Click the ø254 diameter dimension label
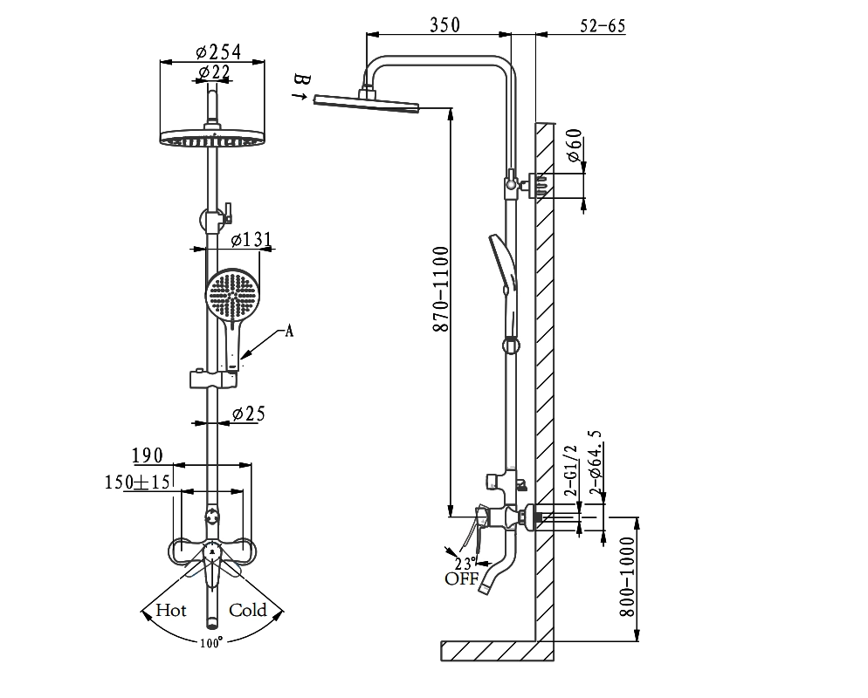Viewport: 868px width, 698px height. (x=218, y=51)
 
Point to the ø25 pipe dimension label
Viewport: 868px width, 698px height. (x=248, y=414)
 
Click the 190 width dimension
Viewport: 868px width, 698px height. (x=148, y=455)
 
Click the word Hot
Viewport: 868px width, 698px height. (x=171, y=610)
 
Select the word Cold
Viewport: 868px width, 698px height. (x=247, y=610)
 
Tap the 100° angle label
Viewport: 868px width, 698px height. (x=210, y=642)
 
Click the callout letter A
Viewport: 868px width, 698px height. (x=289, y=330)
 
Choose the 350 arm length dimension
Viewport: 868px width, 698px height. (x=444, y=25)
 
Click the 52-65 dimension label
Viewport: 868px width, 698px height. (x=603, y=25)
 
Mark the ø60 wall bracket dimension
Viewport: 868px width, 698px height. (x=574, y=146)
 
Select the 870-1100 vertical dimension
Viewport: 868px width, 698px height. (x=440, y=288)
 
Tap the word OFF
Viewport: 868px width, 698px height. (x=462, y=578)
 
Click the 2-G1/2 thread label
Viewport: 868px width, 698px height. (x=573, y=470)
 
